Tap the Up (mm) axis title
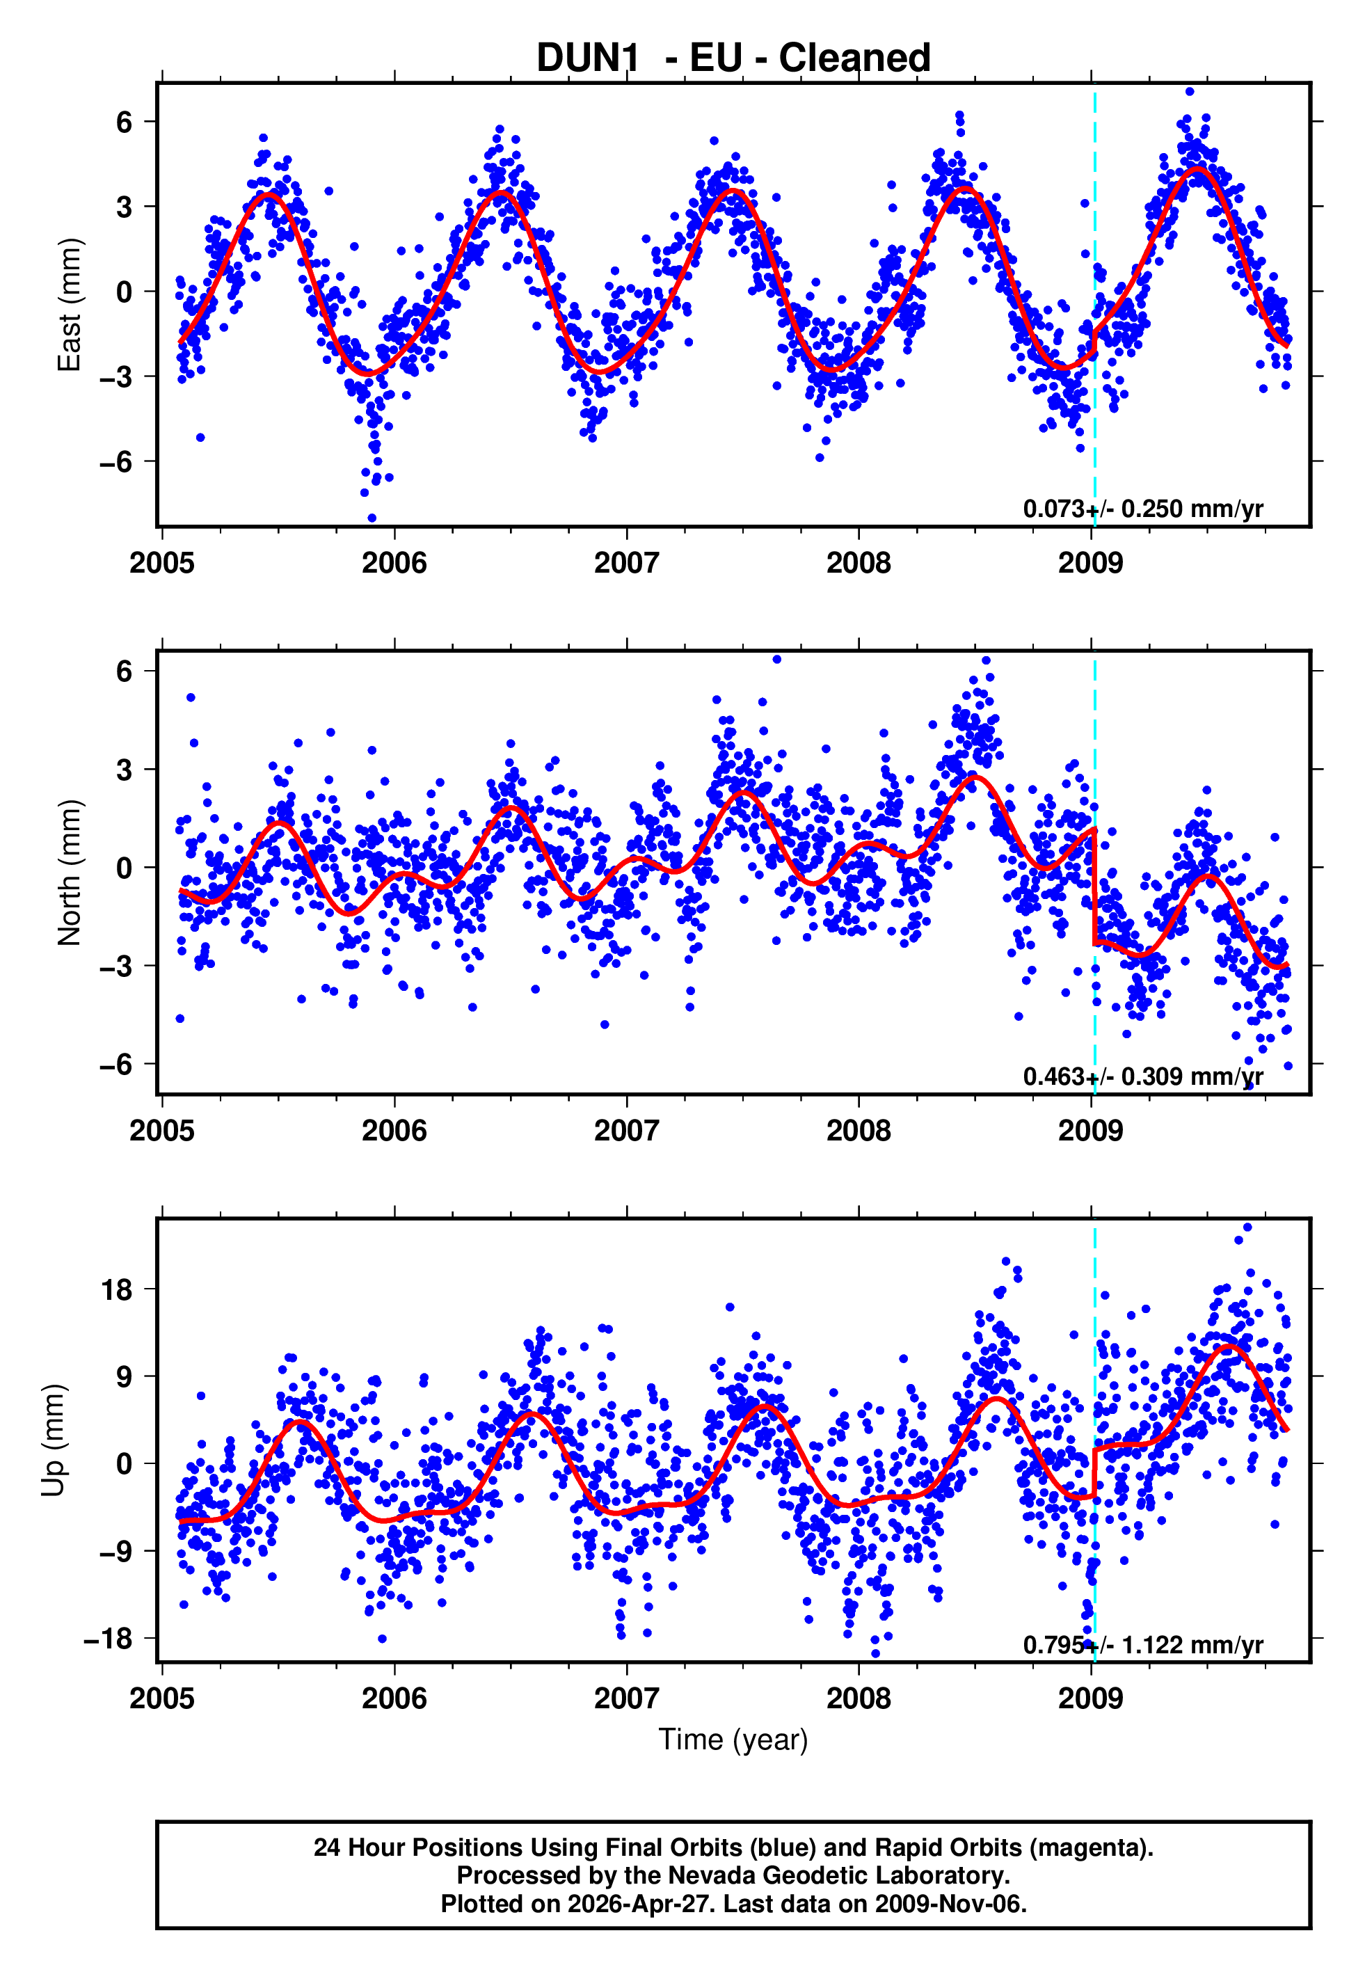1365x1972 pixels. click(x=53, y=1440)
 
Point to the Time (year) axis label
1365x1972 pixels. click(x=733, y=1740)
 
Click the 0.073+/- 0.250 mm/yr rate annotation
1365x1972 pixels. click(x=1142, y=509)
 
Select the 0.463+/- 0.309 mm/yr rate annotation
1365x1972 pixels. click(x=1142, y=1076)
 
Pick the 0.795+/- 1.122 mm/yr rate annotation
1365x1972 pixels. click(x=1142, y=1644)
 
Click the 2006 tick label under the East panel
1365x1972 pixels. click(x=394, y=563)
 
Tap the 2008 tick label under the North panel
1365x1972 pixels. click(x=859, y=1131)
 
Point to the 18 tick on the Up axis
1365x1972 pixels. click(x=117, y=1289)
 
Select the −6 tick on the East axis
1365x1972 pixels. click(x=115, y=463)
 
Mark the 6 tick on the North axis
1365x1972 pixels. click(x=125, y=671)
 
